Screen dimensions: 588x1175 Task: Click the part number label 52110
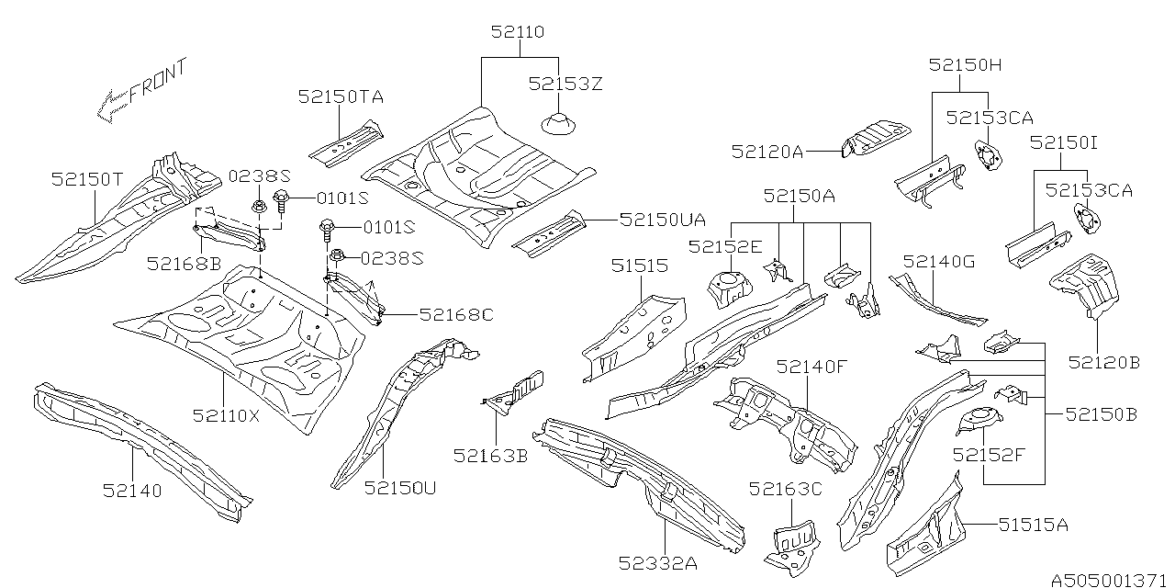click(517, 32)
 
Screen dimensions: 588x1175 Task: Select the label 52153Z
click(565, 84)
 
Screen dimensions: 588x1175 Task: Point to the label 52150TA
click(340, 96)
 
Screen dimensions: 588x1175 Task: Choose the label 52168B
click(184, 265)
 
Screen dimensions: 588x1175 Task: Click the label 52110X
click(227, 415)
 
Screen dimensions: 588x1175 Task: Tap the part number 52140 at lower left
click(132, 491)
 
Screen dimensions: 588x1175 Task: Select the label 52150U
click(400, 487)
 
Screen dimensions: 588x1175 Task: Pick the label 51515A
click(1033, 525)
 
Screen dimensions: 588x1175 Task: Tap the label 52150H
click(964, 64)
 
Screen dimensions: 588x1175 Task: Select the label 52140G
click(939, 262)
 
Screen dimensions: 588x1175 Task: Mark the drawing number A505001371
click(1110, 580)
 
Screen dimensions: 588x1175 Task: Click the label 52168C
click(456, 314)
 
